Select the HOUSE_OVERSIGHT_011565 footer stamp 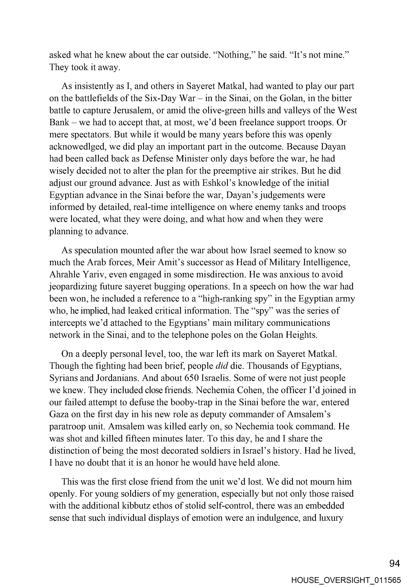[x=346, y=580]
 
